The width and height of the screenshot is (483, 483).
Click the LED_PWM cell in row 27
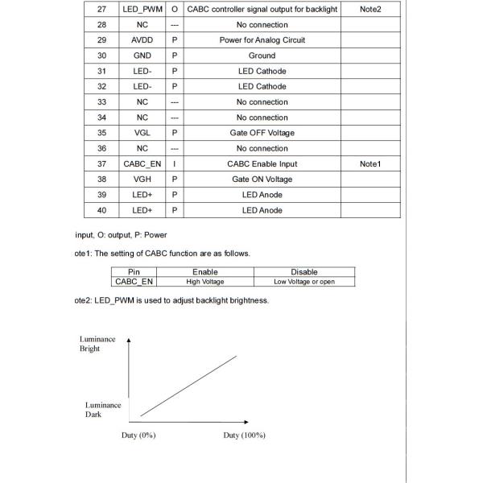142,9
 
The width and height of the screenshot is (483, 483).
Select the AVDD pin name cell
142,40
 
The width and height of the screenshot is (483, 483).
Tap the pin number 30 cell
101,56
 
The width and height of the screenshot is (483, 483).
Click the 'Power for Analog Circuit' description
262,40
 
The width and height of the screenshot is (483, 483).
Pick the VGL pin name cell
142,133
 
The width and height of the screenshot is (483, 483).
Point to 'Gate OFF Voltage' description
262,133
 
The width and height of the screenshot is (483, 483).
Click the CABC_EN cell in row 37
142,163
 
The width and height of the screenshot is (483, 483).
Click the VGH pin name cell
142,180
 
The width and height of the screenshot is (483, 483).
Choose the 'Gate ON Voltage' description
262,180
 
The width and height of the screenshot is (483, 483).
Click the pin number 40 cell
101,210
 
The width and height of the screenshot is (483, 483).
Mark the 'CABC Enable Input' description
262,163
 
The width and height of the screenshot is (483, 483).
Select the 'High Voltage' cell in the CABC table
204,282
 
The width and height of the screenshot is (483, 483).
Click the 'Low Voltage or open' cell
303,282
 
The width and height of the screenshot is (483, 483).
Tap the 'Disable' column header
303,272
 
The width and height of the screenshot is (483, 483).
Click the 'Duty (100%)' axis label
244,436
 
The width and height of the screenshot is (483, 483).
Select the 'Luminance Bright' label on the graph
97,344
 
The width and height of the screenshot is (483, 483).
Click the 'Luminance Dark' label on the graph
103,410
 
